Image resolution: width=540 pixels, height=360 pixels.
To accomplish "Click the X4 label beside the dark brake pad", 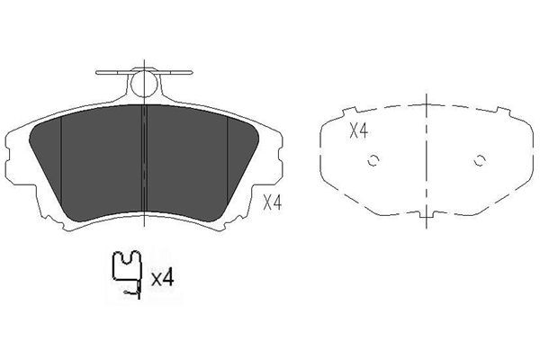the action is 273,202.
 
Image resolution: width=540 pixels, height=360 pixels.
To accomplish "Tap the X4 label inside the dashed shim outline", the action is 359,130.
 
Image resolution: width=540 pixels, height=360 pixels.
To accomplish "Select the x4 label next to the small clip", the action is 162,278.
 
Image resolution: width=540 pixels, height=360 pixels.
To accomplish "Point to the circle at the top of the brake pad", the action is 144,84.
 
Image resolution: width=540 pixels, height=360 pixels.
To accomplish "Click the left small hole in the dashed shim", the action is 373,160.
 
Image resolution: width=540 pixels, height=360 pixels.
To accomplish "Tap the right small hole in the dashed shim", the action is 480,160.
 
